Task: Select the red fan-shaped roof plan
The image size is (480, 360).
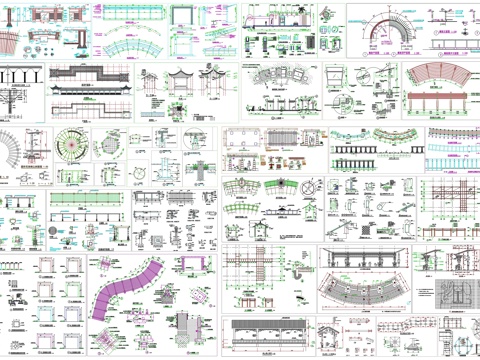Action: tap(440, 80)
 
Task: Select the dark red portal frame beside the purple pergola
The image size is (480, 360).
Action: tap(189, 265)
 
